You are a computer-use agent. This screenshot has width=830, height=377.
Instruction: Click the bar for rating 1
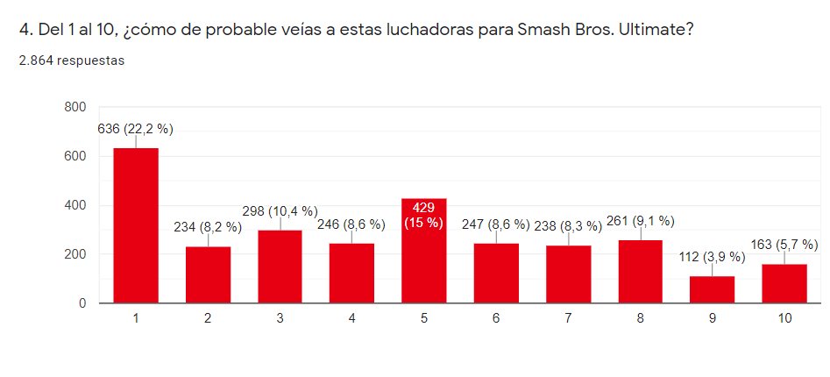136,226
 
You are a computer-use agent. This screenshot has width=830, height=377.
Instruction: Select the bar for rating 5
424,263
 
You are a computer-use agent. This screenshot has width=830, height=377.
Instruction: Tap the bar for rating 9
713,289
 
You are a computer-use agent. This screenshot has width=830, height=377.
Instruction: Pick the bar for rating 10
784,283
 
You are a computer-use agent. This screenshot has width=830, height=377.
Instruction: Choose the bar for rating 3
280,267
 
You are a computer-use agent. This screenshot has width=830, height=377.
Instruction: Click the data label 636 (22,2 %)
136,129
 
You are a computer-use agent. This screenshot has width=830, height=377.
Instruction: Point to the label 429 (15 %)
424,214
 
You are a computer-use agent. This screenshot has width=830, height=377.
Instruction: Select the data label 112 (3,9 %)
712,257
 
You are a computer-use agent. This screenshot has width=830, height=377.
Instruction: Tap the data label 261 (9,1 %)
640,221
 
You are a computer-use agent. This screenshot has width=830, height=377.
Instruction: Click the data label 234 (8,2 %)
209,227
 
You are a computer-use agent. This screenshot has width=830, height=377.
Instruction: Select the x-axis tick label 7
569,319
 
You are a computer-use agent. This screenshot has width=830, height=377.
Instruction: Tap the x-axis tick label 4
352,319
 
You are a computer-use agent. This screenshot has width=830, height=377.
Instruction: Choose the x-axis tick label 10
784,319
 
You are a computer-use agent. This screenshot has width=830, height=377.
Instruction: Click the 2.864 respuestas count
77,60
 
